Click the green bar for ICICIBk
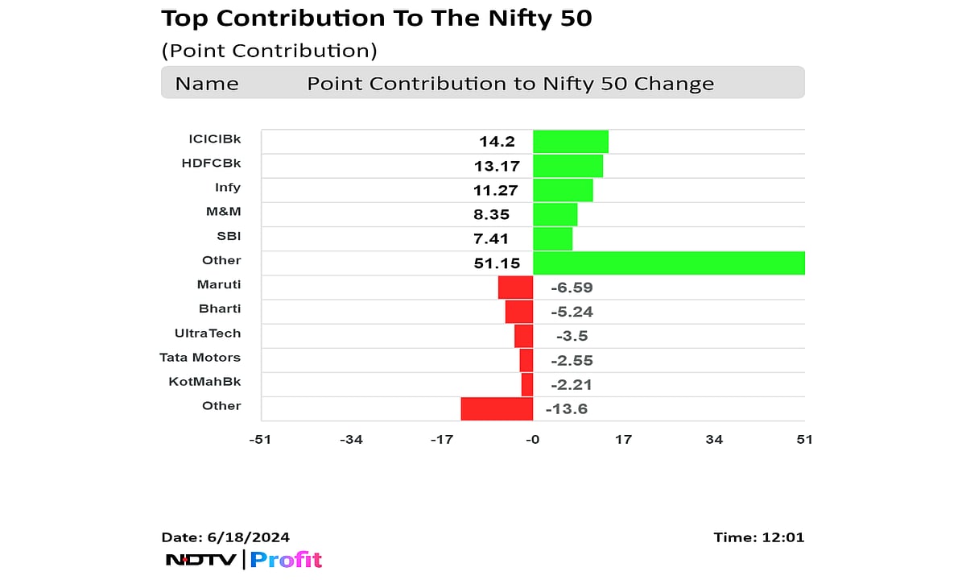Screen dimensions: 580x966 tap(570, 142)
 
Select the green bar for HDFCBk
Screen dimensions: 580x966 tap(568, 166)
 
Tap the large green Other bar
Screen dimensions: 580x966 tap(668, 263)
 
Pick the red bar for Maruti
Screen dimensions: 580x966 tap(515, 287)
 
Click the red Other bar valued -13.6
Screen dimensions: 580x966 tap(497, 408)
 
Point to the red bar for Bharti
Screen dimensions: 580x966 tap(519, 311)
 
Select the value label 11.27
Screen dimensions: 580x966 tap(496, 191)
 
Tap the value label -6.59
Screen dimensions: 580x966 tap(572, 288)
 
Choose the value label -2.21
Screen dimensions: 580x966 tap(572, 384)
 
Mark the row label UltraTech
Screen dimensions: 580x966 tap(208, 333)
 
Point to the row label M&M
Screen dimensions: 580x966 tap(223, 211)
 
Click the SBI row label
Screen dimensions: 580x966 tap(228, 235)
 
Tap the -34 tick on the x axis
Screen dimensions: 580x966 tap(351, 439)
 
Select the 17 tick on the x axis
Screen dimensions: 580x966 tap(623, 439)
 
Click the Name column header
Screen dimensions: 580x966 tap(207, 84)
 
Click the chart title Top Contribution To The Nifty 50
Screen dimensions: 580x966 tap(377, 19)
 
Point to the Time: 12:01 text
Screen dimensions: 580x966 tap(758, 537)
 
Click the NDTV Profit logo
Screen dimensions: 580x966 tap(243, 559)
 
